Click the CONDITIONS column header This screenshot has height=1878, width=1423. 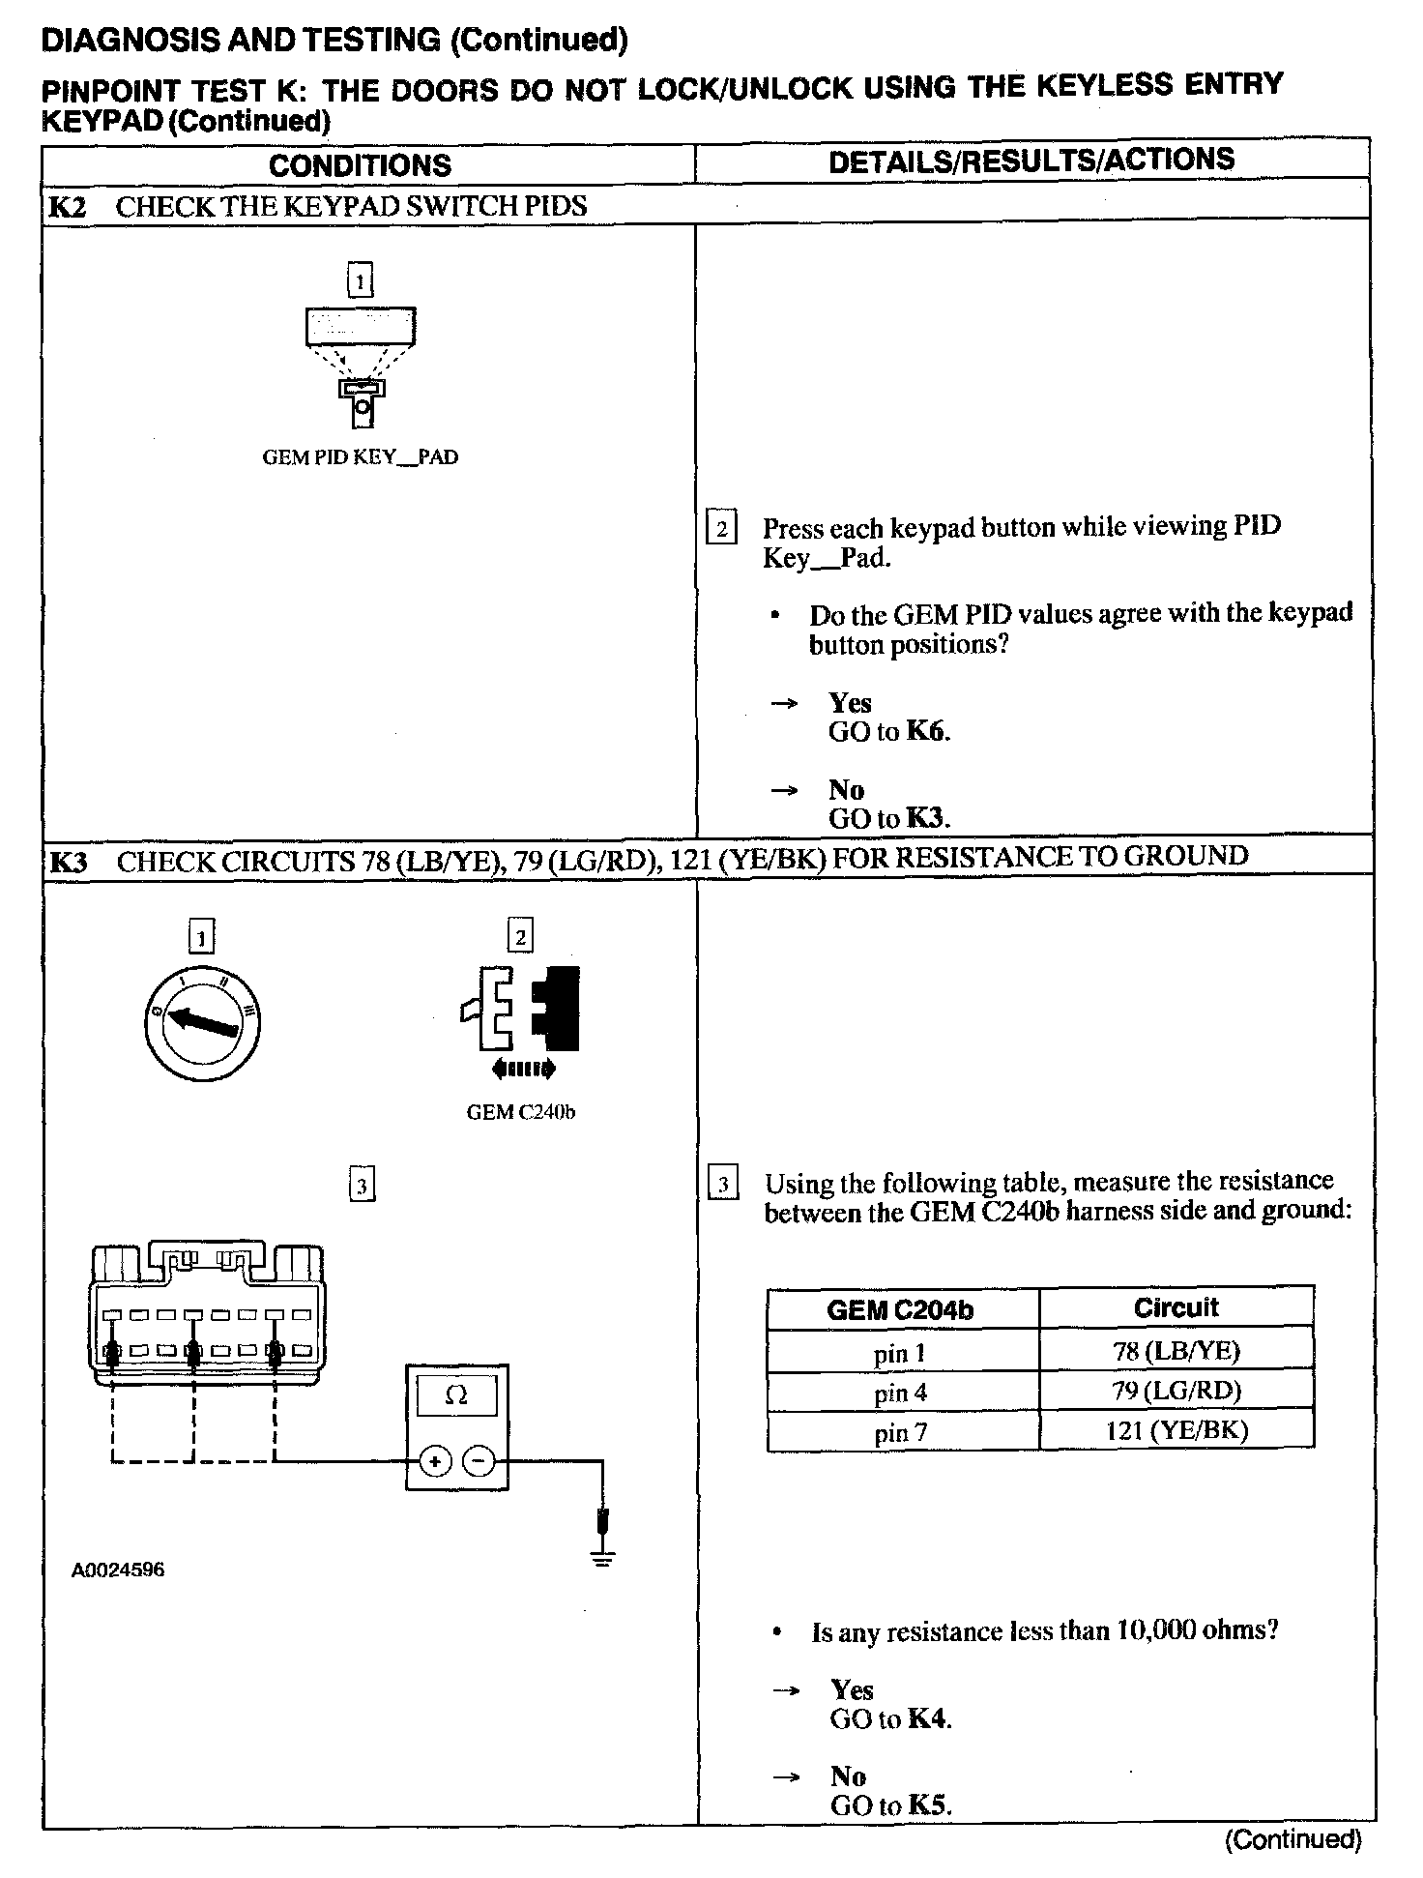pyautogui.click(x=360, y=165)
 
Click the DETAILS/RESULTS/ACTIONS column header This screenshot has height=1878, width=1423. pyautogui.click(x=1031, y=161)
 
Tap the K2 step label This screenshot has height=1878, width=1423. pyautogui.click(x=67, y=206)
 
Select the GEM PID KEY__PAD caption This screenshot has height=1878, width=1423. pyautogui.click(x=360, y=457)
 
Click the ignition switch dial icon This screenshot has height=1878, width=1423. pyautogui.click(x=203, y=1024)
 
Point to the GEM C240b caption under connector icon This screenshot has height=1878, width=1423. pyautogui.click(x=520, y=1112)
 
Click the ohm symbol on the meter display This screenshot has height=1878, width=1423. pyautogui.click(x=456, y=1395)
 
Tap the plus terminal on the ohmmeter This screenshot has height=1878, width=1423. pyautogui.click(x=435, y=1461)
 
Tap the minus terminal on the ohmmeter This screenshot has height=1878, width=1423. pyautogui.click(x=478, y=1461)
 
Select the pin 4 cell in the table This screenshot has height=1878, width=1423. pyautogui.click(x=900, y=1393)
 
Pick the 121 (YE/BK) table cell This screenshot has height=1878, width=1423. pyautogui.click(x=1176, y=1430)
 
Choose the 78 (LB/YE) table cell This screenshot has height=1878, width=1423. pyautogui.click(x=1176, y=1351)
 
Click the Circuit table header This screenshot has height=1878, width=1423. pyautogui.click(x=1176, y=1308)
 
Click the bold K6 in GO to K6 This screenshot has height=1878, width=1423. pyautogui.click(x=925, y=731)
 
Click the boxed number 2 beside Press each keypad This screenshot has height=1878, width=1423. pyautogui.click(x=721, y=529)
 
